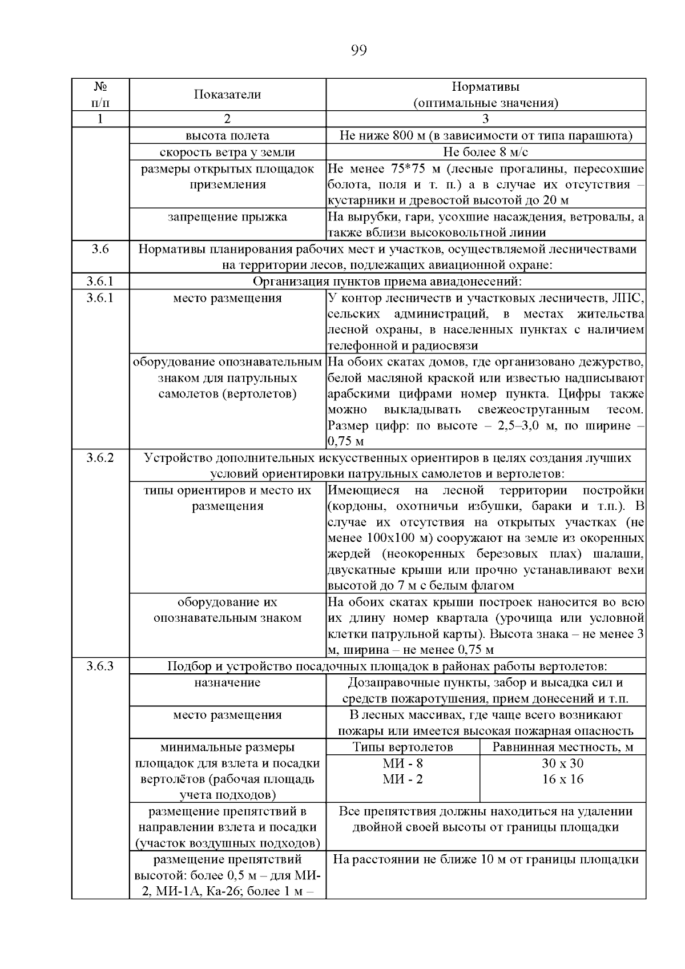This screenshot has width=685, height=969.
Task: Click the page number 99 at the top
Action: [358, 50]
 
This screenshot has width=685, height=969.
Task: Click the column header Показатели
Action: [227, 95]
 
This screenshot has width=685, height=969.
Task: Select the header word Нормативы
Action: [485, 87]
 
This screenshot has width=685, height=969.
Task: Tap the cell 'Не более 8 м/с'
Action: [485, 152]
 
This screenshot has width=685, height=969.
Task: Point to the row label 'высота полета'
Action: [227, 136]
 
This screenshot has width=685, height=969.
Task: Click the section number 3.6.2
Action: [100, 458]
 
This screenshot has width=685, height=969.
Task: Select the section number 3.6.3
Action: [100, 666]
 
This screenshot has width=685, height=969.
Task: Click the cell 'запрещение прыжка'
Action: [227, 217]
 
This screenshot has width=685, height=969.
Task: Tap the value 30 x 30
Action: [562, 763]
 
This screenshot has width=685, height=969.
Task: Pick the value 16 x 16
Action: [562, 779]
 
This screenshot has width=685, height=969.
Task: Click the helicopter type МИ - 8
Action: [402, 763]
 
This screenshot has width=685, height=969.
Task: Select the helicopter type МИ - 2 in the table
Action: [402, 779]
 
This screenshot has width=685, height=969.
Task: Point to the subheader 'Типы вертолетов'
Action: [402, 747]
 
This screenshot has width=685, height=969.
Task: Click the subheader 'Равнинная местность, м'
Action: [562, 747]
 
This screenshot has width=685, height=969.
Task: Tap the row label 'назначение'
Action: [227, 683]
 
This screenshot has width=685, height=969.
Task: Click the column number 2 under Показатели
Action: [227, 119]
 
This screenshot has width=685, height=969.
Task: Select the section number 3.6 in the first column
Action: [100, 250]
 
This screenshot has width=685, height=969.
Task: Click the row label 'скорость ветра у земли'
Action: [227, 152]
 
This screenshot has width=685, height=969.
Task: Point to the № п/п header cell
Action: [100, 95]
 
